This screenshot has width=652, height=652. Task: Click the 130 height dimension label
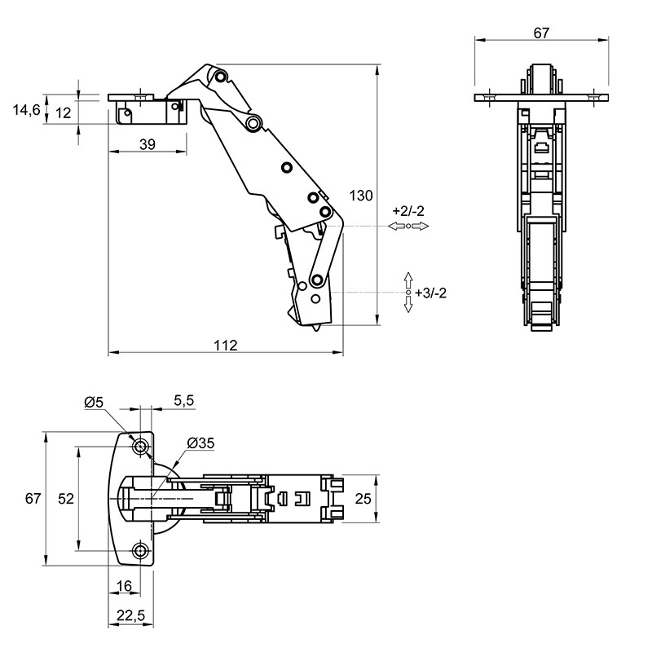361,196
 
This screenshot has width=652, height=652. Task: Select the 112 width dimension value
226,345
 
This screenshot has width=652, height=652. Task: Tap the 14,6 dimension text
26,110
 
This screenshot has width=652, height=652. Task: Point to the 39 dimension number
148,144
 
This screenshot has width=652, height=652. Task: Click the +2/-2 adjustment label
408,211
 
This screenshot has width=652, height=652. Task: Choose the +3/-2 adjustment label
431,293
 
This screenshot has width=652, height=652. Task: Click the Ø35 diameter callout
200,443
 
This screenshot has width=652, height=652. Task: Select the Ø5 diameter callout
94,402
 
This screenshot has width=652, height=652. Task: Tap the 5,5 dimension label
184,400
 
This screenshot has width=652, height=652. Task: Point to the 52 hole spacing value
66,499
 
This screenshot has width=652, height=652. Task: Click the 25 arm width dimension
363,499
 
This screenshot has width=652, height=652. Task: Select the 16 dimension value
124,586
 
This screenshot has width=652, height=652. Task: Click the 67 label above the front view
541,33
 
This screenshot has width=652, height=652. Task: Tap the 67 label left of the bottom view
33,498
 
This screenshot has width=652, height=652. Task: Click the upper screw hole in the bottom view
140,447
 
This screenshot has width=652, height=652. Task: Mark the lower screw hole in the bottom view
140,551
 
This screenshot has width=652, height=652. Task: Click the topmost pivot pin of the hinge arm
220,77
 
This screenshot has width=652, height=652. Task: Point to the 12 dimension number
64,112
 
